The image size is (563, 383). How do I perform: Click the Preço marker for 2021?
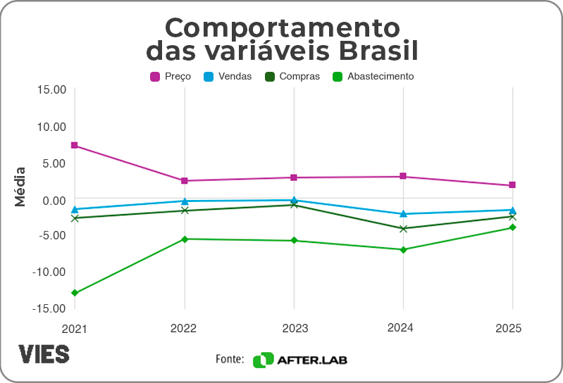click(74, 146)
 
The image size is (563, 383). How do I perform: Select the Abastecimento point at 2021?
click(74, 293)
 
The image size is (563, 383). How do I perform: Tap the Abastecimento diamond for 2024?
click(403, 250)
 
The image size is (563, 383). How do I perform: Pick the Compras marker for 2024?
click(403, 229)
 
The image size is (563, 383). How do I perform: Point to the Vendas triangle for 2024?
click(403, 213)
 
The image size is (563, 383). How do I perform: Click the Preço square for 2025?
click(512, 185)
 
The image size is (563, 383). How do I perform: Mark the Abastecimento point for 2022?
click(185, 239)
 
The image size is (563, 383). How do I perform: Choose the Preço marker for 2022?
click(185, 181)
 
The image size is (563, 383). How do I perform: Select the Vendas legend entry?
click(227, 76)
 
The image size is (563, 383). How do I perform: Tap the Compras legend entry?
click(292, 76)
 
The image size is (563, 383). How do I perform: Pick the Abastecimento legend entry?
click(373, 76)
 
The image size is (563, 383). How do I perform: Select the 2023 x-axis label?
click(294, 328)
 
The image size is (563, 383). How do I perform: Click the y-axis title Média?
click(20, 186)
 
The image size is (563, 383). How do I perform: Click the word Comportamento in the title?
click(282, 28)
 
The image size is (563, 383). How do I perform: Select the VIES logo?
click(44, 353)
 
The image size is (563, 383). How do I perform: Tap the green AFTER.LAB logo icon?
click(263, 360)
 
